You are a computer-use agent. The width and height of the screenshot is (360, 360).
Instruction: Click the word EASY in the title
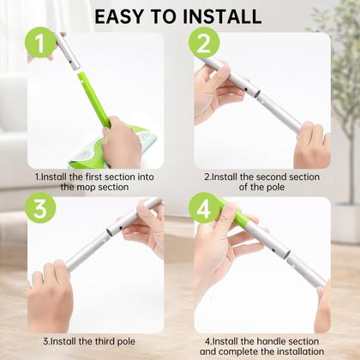click(x=128, y=15)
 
